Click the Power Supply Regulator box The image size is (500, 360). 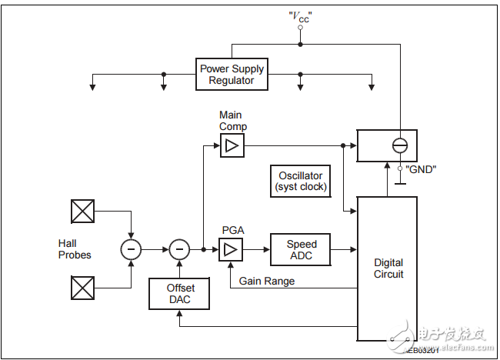click(x=232, y=74)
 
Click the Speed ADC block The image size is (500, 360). click(x=302, y=249)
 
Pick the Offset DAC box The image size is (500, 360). click(x=181, y=294)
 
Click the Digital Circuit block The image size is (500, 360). click(x=388, y=268)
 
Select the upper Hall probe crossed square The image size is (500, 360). click(x=82, y=212)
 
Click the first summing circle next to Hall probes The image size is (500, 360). click(x=132, y=249)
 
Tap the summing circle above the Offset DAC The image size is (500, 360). click(x=179, y=249)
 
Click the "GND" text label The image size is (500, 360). click(x=421, y=168)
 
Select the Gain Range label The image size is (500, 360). click(x=267, y=282)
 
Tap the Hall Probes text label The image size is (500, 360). click(x=75, y=249)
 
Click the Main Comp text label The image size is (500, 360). click(x=232, y=121)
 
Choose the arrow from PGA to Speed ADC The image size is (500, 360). click(x=256, y=249)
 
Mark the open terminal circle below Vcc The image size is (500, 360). click(x=301, y=27)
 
